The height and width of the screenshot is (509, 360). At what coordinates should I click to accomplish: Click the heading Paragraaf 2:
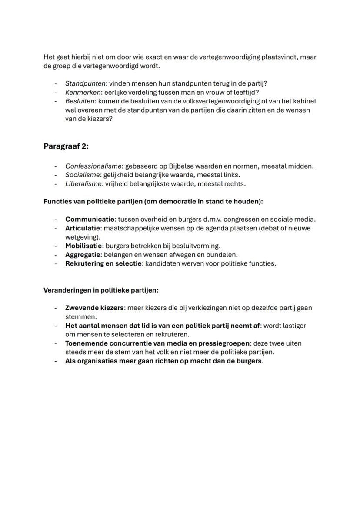click(66, 146)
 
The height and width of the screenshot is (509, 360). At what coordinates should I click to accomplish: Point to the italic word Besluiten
click(80, 101)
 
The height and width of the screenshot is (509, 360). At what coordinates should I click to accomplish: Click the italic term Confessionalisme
click(93, 166)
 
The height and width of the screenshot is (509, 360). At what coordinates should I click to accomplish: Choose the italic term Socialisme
click(82, 175)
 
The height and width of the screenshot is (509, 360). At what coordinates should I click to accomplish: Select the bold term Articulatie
click(84, 228)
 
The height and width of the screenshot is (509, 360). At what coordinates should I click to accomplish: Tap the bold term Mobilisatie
click(84, 246)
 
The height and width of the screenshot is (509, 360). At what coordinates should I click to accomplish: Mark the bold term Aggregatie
click(83, 254)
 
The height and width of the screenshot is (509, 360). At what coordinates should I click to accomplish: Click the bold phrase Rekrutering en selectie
click(103, 263)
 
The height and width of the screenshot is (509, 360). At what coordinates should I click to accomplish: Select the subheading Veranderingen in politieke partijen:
click(101, 290)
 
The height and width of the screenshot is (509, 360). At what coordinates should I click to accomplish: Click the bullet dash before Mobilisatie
click(56, 246)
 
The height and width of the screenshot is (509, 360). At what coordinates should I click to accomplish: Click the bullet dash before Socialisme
click(56, 175)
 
